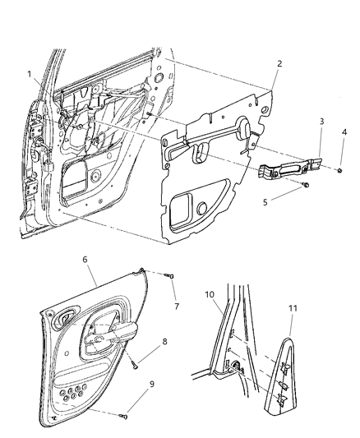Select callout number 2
[x=279, y=63]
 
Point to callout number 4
[x=344, y=131]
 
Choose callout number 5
[x=265, y=202]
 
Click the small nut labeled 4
[x=339, y=171]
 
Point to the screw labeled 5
[x=304, y=187]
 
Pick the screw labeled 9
[x=123, y=417]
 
